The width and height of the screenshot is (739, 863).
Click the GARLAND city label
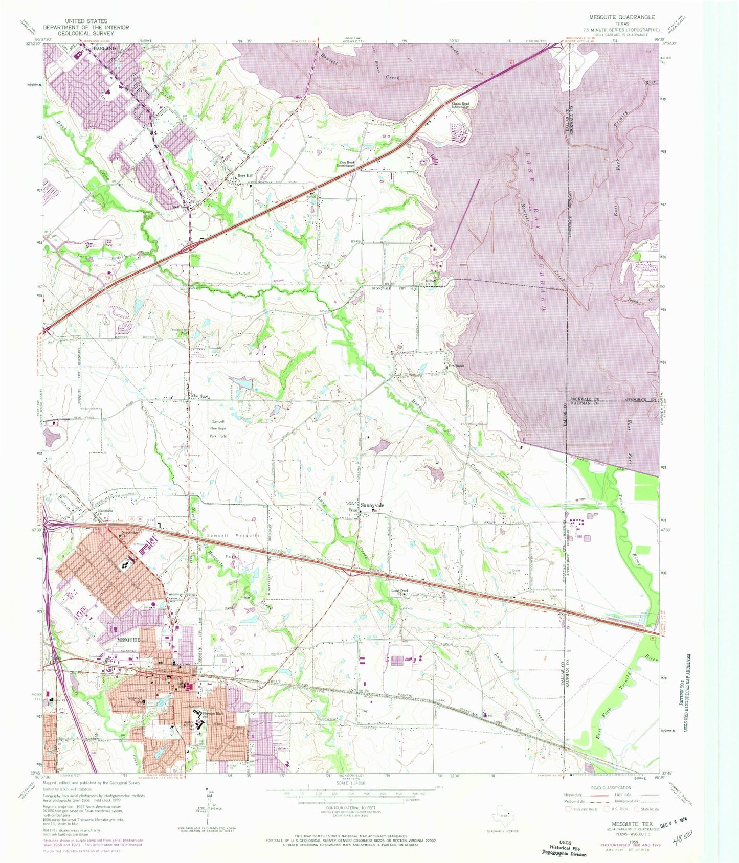tap(105, 48)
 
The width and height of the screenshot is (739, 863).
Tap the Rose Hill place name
tap(245, 176)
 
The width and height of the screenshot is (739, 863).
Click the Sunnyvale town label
tap(372, 506)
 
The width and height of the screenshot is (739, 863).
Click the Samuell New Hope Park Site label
tap(218, 428)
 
